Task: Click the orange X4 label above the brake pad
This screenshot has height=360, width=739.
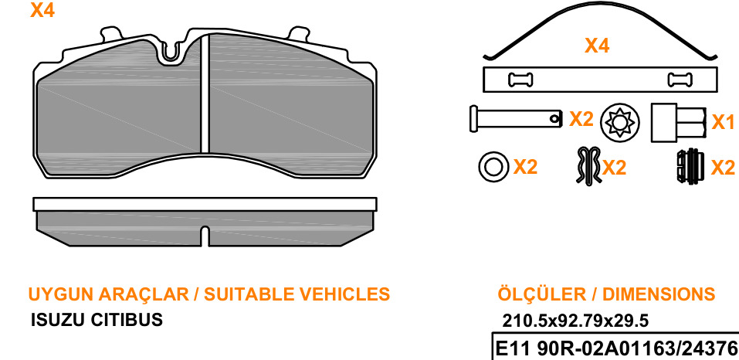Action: point(42,10)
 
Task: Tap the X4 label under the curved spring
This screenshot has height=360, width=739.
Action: point(597,46)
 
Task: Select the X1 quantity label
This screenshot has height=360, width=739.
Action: point(723,122)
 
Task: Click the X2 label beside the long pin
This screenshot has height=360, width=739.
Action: point(581,119)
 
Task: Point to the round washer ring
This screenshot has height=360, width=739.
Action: point(493,166)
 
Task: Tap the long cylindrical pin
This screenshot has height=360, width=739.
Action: point(516,118)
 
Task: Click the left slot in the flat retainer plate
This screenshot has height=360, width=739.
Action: point(520,79)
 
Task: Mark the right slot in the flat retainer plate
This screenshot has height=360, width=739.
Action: point(680,79)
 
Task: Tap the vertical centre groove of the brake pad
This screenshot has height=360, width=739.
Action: point(205,93)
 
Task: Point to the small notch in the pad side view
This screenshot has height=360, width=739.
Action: point(205,236)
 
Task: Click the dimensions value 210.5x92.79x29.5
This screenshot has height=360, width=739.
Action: point(575,321)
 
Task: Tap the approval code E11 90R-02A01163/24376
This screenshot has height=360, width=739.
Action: point(615,349)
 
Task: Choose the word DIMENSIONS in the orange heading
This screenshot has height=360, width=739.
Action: point(659,294)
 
